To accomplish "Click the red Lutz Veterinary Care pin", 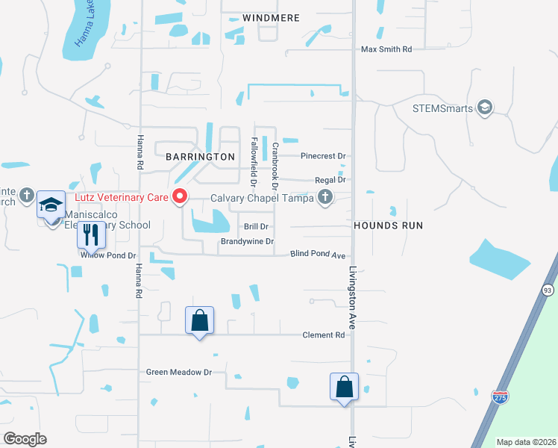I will coord(180,197).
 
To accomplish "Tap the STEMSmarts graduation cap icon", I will coord(486,108).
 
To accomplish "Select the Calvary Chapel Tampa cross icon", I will coord(325,197).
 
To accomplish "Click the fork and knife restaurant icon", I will coord(91,234).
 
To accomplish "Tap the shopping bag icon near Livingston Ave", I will coord(344,387).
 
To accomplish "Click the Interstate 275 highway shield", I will coord(500,396).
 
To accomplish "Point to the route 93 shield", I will coord(548,289).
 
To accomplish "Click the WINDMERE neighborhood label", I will coord(271,17).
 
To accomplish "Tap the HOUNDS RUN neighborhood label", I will coord(388,225).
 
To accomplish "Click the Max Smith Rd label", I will coord(386,49).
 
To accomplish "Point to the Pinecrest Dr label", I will coord(323,156).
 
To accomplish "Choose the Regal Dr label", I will coord(330,180).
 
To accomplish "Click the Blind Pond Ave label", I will coord(319,254).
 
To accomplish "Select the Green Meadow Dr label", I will coord(179,372).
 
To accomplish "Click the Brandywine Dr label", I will coord(247,242).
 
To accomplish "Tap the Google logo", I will coord(25,438).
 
